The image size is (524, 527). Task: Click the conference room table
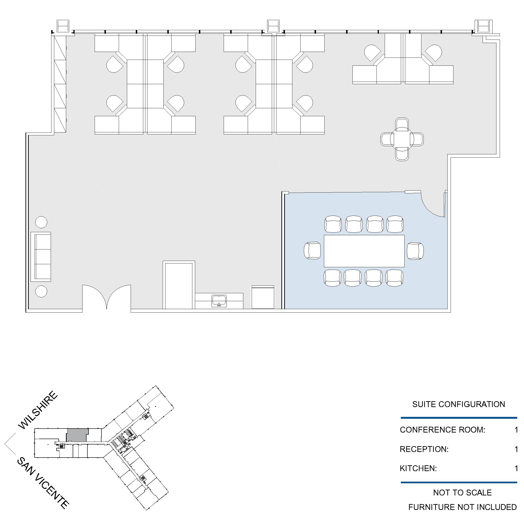364,251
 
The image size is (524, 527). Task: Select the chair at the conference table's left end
312,250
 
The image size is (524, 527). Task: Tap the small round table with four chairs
402,139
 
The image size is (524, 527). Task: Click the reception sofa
41,257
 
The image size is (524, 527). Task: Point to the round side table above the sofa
41,222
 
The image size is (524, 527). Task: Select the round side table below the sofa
41,291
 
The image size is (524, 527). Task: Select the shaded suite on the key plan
77,435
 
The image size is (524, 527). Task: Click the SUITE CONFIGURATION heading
459,404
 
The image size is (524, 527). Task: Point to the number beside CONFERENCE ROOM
516,430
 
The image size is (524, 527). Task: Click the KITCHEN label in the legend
418,468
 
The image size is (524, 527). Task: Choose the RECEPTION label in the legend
424,449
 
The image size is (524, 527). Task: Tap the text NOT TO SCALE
462,493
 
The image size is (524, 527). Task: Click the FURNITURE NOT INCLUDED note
462,507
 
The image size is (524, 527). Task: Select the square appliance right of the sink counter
262,297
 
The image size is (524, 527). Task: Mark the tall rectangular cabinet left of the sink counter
179,285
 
